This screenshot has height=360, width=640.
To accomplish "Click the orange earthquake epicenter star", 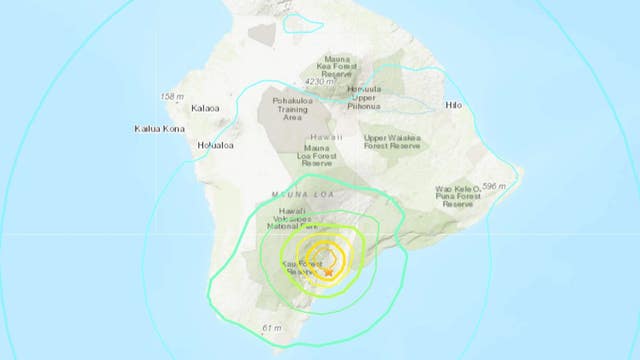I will point(328,271).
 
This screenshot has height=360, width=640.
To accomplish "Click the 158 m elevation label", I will point(171,96).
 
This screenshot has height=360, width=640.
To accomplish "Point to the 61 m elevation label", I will point(272,328).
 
